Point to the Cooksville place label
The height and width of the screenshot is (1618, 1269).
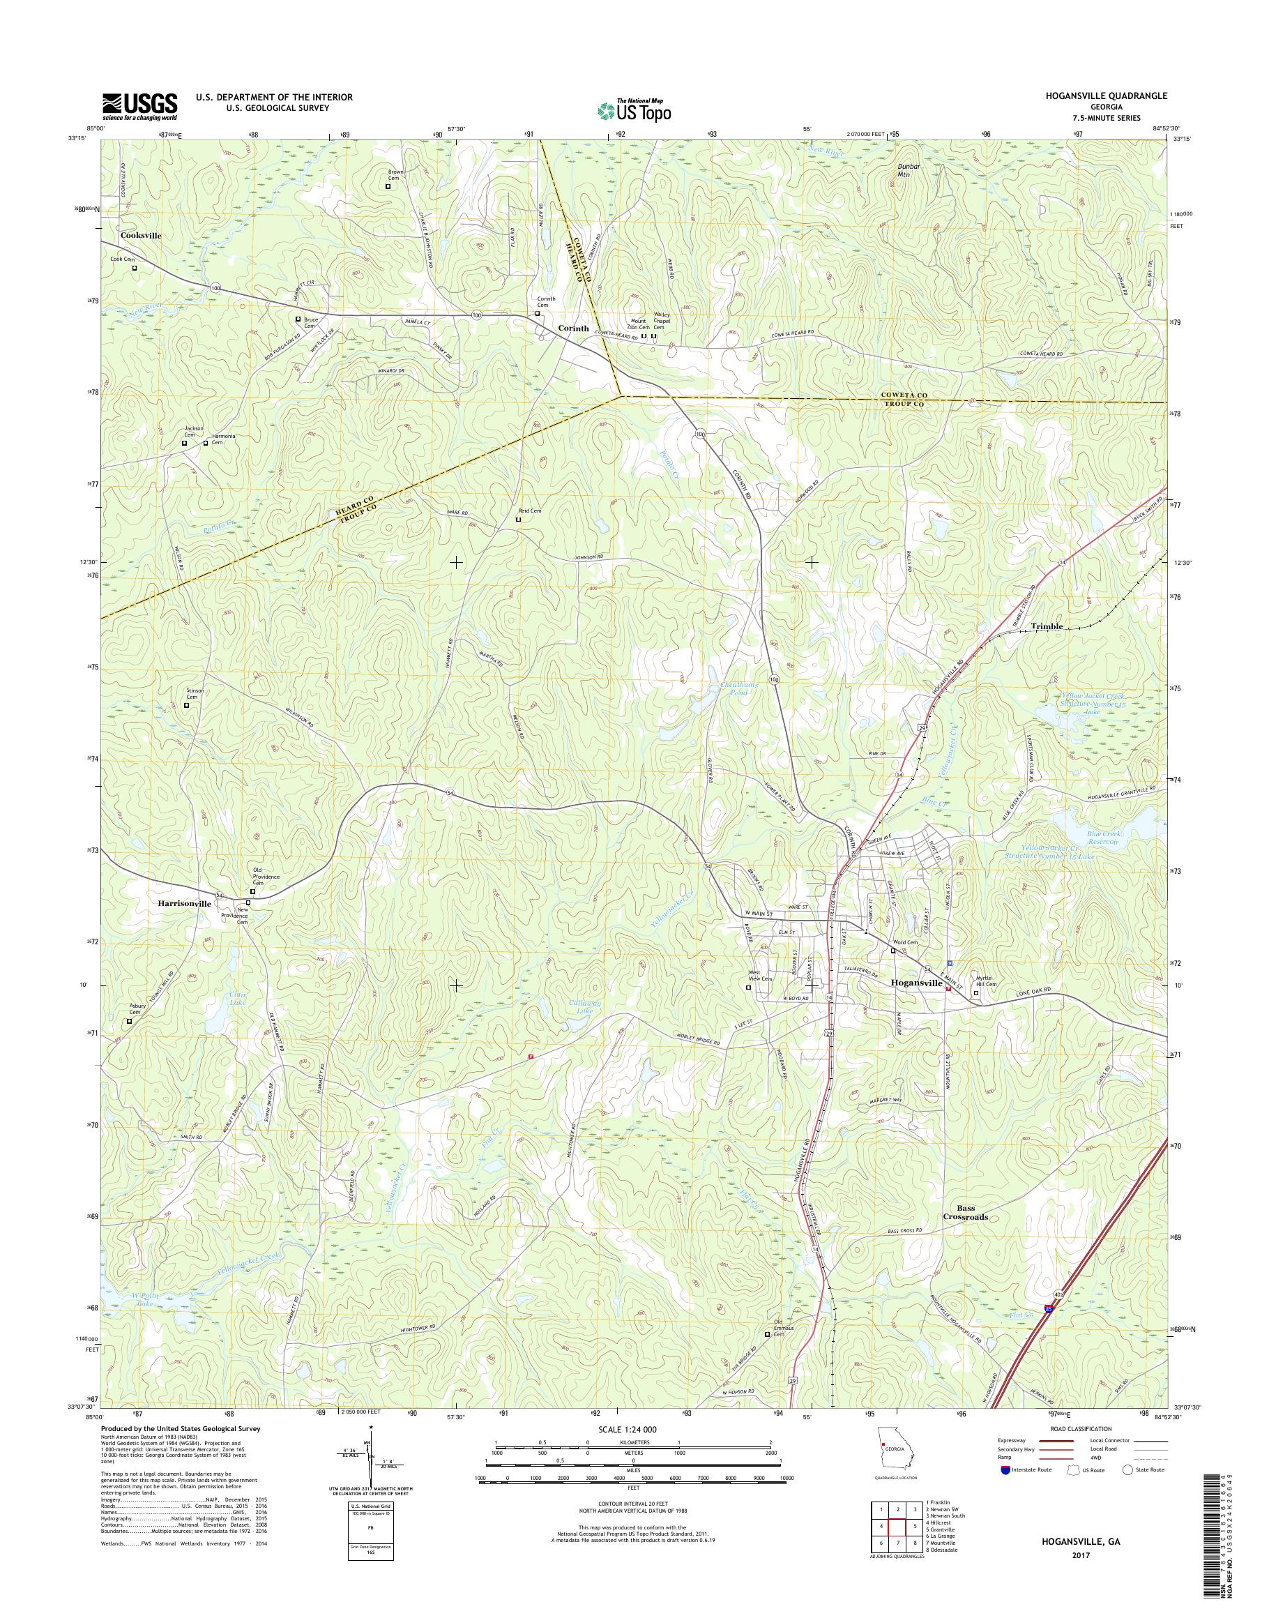[x=140, y=235]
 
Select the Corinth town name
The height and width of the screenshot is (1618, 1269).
[x=573, y=328]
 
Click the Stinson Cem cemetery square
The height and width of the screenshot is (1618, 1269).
[x=186, y=705]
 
